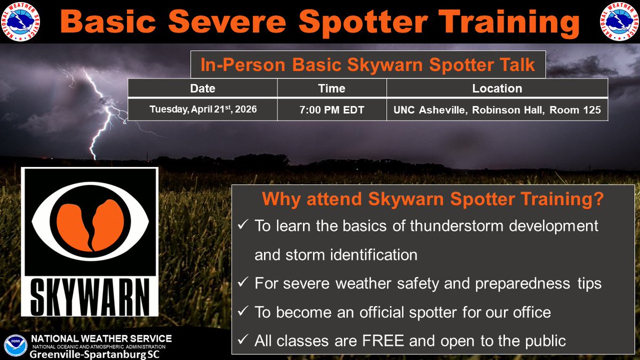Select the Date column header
coord(202,89)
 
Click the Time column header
coord(331,89)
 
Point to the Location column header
coord(497,89)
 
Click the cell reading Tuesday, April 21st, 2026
coord(203,110)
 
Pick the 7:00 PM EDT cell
coord(331,110)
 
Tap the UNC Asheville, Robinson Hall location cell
coord(497,110)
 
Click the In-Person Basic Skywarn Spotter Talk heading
coord(367,65)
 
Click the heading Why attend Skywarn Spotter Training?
coord(433,200)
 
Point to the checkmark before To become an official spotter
coord(243,312)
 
